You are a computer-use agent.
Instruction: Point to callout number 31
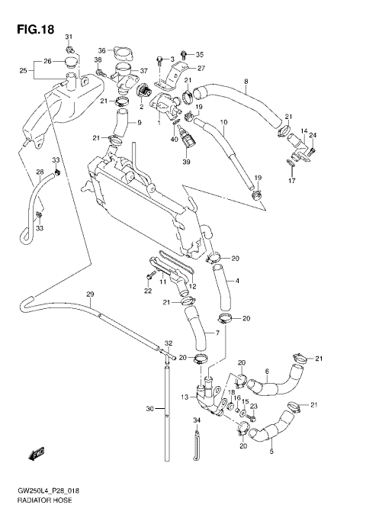pyautogui.click(x=69, y=37)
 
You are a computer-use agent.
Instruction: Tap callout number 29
pyautogui.click(x=89, y=294)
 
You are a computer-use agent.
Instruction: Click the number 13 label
pyautogui.click(x=185, y=397)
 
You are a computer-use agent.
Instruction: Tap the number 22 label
pyautogui.click(x=148, y=291)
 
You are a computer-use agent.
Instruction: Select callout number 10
pyautogui.click(x=224, y=122)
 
